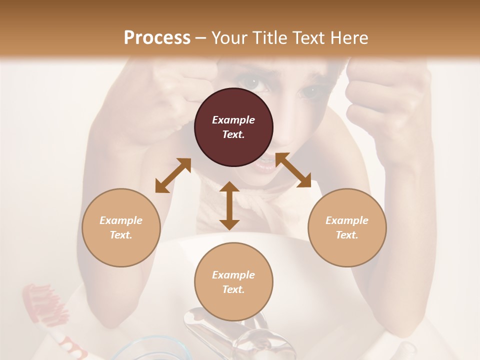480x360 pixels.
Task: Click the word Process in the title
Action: (x=157, y=37)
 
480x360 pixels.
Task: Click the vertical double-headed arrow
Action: (x=229, y=205)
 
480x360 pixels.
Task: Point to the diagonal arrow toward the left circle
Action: (x=173, y=175)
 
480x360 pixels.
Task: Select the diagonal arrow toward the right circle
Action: (x=293, y=170)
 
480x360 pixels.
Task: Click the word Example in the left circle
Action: (x=121, y=220)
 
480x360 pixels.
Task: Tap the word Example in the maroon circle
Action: (x=233, y=120)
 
